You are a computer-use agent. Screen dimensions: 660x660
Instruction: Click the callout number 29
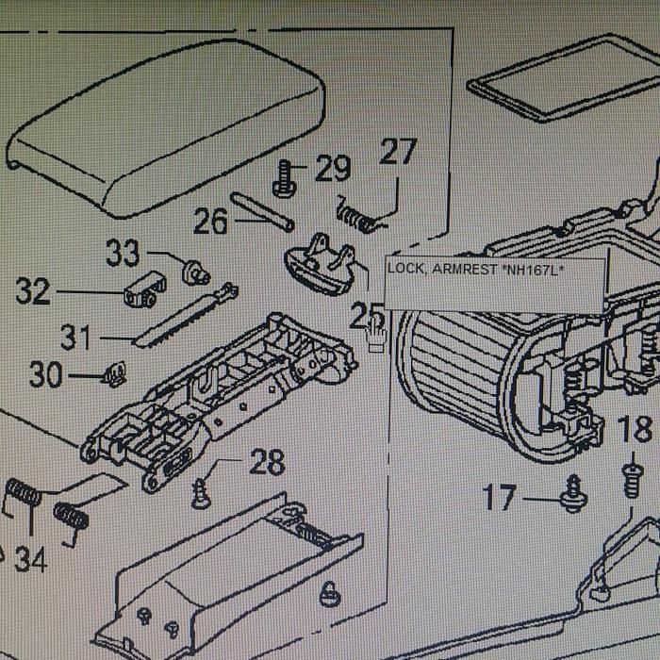(333, 170)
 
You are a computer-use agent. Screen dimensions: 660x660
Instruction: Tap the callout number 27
(398, 152)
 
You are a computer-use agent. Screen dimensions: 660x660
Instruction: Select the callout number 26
(211, 222)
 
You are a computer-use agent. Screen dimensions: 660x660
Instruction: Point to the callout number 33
(123, 253)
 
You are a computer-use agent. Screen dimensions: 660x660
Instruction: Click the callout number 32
(33, 291)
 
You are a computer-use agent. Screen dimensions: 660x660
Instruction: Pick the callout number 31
(78, 337)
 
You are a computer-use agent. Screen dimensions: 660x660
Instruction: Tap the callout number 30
(45, 375)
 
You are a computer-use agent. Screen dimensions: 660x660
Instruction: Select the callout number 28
(267, 462)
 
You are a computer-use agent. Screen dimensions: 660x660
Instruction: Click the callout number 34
(30, 560)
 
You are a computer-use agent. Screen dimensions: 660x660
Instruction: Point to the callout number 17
(501, 496)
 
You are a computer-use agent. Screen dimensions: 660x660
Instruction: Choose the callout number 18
(634, 430)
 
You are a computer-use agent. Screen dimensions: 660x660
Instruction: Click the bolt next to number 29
(284, 179)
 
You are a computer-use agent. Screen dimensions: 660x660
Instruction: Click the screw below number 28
(201, 492)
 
